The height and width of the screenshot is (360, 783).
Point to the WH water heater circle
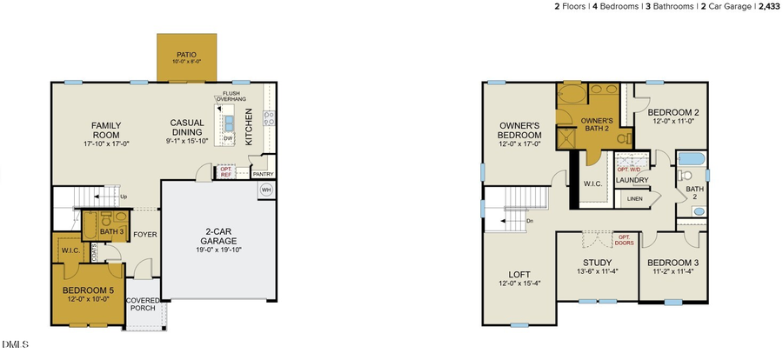point(266,189)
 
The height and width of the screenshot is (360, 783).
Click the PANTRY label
point(263,174)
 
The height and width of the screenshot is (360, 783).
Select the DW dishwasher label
point(227,138)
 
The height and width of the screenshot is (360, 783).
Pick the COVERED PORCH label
point(143,304)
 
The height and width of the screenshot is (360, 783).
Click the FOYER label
point(144,233)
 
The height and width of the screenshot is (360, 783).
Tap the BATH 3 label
point(111,232)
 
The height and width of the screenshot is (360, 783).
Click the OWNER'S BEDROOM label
point(519,130)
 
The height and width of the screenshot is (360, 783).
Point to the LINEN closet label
point(635,200)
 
